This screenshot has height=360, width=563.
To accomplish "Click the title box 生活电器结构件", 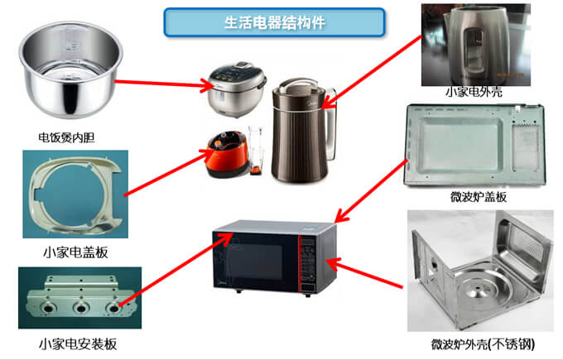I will (274, 22).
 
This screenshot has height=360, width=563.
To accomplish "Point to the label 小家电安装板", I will (73, 343).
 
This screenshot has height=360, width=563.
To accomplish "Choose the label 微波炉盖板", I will (478, 197).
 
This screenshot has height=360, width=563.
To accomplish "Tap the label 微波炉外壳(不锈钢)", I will (479, 343).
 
